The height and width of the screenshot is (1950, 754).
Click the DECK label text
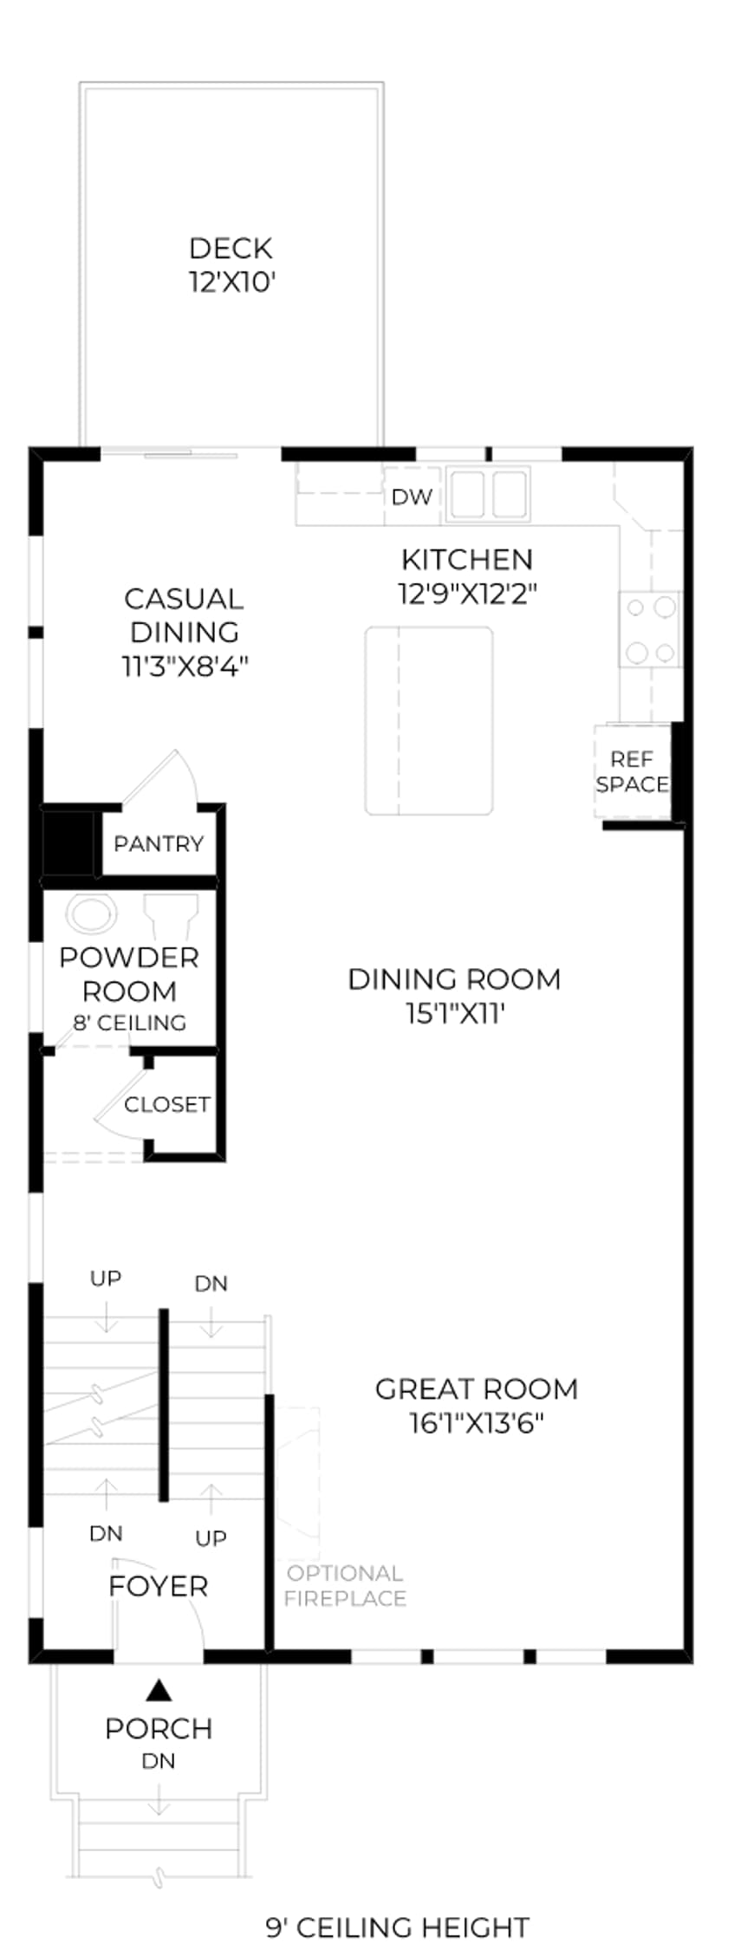(231, 249)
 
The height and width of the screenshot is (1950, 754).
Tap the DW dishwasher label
(412, 497)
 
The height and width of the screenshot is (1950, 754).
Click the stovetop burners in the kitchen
(650, 629)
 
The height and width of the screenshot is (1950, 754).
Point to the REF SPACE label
(632, 771)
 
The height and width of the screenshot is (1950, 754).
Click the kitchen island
(429, 721)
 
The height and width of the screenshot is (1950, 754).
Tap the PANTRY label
(159, 843)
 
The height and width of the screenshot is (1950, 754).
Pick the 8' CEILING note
(129, 1023)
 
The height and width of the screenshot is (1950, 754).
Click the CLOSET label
(166, 1104)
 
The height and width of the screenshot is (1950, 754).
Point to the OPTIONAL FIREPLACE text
(345, 1585)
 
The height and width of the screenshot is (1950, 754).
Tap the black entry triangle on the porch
(159, 1690)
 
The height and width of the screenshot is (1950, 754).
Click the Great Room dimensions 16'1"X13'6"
(476, 1423)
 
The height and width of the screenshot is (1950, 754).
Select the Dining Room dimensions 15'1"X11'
(455, 1013)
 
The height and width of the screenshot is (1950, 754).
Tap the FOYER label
(158, 1587)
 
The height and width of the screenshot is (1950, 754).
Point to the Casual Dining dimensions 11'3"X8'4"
(185, 666)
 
